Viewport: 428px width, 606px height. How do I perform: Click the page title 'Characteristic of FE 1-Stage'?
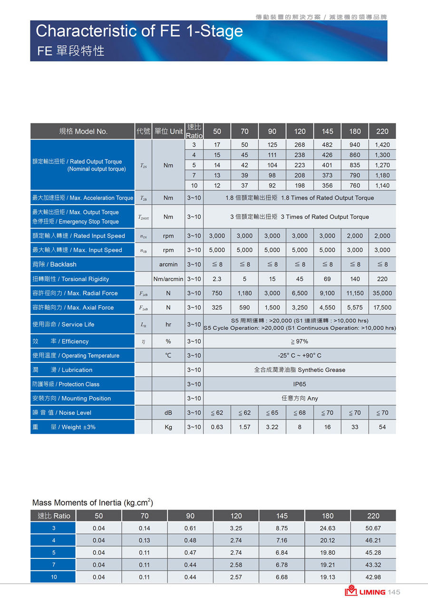click(x=139, y=31)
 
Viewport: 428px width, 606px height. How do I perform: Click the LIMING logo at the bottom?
click(x=365, y=592)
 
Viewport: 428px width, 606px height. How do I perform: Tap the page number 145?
click(x=394, y=592)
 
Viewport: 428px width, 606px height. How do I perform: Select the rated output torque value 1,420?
click(x=382, y=145)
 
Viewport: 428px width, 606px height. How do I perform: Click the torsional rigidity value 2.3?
click(x=217, y=279)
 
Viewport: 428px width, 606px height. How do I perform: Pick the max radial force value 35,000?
click(x=382, y=293)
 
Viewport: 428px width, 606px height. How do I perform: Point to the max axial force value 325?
click(x=217, y=308)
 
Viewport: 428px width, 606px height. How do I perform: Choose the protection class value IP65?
click(x=300, y=384)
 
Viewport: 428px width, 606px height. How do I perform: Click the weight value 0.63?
click(x=217, y=427)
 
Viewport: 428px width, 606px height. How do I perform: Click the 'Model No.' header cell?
click(x=83, y=131)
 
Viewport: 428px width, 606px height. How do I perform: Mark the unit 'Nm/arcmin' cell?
click(x=168, y=279)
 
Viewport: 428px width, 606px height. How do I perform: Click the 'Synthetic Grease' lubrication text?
click(x=321, y=370)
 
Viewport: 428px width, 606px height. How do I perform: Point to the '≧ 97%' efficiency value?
click(x=300, y=341)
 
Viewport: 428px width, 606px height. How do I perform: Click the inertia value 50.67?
click(x=373, y=528)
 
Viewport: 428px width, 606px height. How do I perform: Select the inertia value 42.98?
click(x=373, y=577)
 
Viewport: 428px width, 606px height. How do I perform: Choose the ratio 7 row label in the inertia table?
click(x=54, y=565)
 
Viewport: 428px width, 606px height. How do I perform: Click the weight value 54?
click(x=382, y=427)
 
